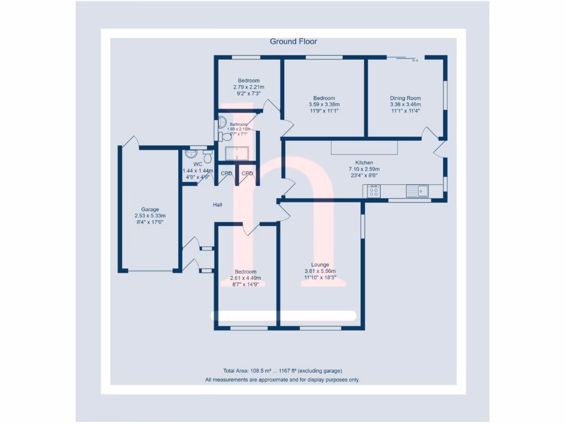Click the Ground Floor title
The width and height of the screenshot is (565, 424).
pos(293,41)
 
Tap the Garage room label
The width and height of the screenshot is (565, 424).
pos(150,209)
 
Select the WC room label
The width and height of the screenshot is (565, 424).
pos(198,165)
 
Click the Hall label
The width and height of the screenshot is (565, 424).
pos(218,205)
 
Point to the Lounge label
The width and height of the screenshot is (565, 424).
pos(320,264)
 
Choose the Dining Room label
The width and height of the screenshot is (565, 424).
pos(406,98)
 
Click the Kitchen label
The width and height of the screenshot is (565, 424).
pos(364,163)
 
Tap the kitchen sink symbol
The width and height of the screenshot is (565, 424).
pos(418,191)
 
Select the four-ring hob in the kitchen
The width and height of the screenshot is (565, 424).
pos(374,192)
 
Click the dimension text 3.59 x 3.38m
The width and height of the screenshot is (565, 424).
pos(324,104)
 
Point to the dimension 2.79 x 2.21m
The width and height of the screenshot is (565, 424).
pos(248,87)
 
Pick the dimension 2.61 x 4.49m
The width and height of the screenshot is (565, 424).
pos(246,278)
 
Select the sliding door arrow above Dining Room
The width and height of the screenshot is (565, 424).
pos(415,60)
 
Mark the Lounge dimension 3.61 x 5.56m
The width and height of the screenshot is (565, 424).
pos(320,271)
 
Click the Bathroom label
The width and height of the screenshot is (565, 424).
pos(238,124)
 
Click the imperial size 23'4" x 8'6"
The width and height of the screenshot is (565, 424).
pos(364,176)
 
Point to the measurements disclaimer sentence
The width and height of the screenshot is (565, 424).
pos(282,380)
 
